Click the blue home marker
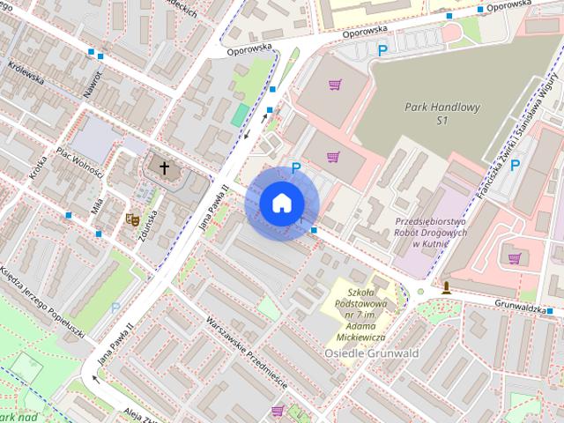click(280, 204)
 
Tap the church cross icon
click(163, 167)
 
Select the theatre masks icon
click(132, 219)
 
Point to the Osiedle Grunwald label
click(371, 353)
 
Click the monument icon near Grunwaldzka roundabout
click(447, 286)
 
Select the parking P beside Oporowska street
click(382, 52)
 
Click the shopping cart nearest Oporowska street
click(335, 85)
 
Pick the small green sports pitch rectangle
click(240, 115)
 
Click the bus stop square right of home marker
click(315, 231)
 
